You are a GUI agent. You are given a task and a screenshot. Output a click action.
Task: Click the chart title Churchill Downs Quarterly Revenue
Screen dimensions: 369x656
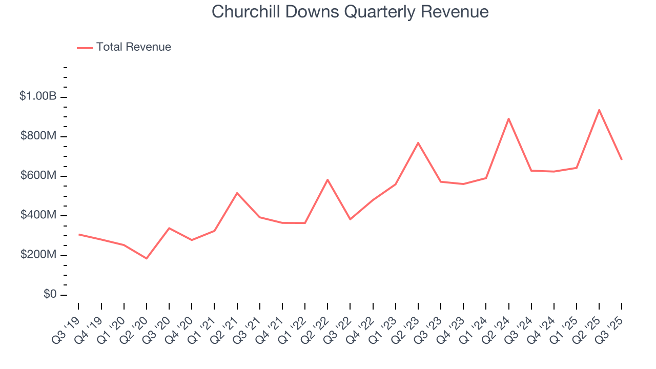pyautogui.click(x=350, y=12)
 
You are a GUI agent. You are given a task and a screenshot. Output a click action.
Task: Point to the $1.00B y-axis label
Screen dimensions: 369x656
pyautogui.click(x=37, y=96)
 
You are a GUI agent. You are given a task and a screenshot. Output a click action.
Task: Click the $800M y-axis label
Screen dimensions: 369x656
pyautogui.click(x=39, y=136)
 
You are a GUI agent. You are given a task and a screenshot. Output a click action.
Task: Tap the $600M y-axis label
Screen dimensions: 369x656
pyautogui.click(x=39, y=175)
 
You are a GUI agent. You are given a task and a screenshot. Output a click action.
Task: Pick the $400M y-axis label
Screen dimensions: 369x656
pyautogui.click(x=39, y=215)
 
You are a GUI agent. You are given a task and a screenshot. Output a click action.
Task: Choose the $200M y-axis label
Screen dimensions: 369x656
pyautogui.click(x=39, y=255)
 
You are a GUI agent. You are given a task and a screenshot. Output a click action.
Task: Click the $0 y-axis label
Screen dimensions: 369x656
pyautogui.click(x=50, y=294)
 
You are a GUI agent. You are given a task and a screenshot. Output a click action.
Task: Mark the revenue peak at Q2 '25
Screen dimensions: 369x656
pyautogui.click(x=599, y=110)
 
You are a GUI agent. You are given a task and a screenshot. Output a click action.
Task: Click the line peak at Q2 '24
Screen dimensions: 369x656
pyautogui.click(x=508, y=118)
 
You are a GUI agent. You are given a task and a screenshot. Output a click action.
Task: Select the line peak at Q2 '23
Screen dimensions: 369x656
pyautogui.click(x=418, y=143)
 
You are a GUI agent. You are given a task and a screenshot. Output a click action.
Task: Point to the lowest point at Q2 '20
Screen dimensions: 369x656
pyautogui.click(x=147, y=258)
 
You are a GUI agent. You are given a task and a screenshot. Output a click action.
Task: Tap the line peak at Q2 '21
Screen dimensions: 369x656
pyautogui.click(x=237, y=193)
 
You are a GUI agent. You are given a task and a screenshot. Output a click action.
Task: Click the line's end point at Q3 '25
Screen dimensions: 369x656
pyautogui.click(x=622, y=159)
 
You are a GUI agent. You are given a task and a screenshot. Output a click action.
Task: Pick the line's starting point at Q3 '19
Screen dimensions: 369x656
pyautogui.click(x=79, y=234)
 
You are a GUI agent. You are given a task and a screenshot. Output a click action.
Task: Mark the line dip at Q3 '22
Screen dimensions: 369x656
pyautogui.click(x=350, y=219)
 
